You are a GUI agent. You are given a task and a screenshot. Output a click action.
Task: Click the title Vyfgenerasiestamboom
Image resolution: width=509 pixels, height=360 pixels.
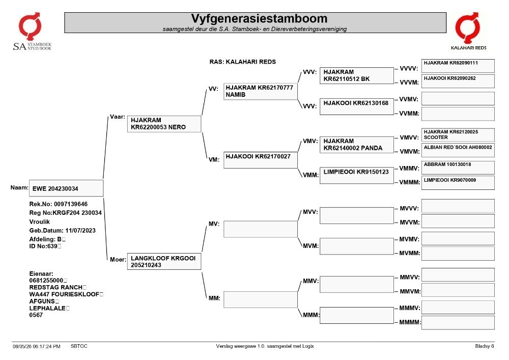259,18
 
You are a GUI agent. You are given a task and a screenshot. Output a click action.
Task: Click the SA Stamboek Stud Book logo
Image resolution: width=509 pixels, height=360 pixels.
32,32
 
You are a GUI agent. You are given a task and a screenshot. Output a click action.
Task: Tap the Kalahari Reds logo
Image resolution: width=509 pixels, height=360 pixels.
468,31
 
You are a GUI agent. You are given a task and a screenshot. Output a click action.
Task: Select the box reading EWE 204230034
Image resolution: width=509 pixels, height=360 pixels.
66,188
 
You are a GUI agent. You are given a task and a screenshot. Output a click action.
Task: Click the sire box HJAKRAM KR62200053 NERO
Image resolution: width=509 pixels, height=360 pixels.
164,124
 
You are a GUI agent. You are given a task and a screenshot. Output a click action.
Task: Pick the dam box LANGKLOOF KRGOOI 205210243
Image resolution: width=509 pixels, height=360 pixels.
164,261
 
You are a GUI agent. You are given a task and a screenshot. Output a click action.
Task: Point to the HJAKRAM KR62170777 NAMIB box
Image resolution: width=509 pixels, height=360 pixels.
260,91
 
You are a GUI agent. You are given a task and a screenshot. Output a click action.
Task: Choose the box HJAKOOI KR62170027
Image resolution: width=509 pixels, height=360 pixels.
260,160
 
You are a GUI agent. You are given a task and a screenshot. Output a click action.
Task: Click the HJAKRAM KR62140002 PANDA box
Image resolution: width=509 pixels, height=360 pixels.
356,145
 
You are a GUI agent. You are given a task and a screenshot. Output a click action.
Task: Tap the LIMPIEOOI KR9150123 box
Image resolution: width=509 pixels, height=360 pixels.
356,175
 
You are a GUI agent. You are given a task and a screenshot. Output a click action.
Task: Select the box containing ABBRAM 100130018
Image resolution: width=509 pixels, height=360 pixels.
458,168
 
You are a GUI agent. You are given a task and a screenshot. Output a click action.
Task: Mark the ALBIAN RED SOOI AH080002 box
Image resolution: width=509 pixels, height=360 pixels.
458,151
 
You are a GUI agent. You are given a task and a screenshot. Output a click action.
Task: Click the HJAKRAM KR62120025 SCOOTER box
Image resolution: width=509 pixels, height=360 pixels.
458,135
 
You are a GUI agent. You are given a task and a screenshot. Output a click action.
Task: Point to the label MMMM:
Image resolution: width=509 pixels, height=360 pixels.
410,322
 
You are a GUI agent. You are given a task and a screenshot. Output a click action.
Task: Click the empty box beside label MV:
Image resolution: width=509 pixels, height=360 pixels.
260,229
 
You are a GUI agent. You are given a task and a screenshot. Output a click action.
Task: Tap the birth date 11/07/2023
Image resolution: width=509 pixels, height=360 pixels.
80,231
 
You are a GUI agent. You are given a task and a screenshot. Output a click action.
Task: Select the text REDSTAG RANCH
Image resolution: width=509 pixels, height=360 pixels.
55,287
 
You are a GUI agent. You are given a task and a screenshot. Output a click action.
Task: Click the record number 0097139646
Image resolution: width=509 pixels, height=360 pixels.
70,204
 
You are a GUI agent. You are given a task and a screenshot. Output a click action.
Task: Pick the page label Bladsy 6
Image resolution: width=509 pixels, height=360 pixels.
485,346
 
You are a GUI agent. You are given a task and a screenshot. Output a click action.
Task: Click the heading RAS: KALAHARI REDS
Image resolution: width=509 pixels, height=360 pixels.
242,62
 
